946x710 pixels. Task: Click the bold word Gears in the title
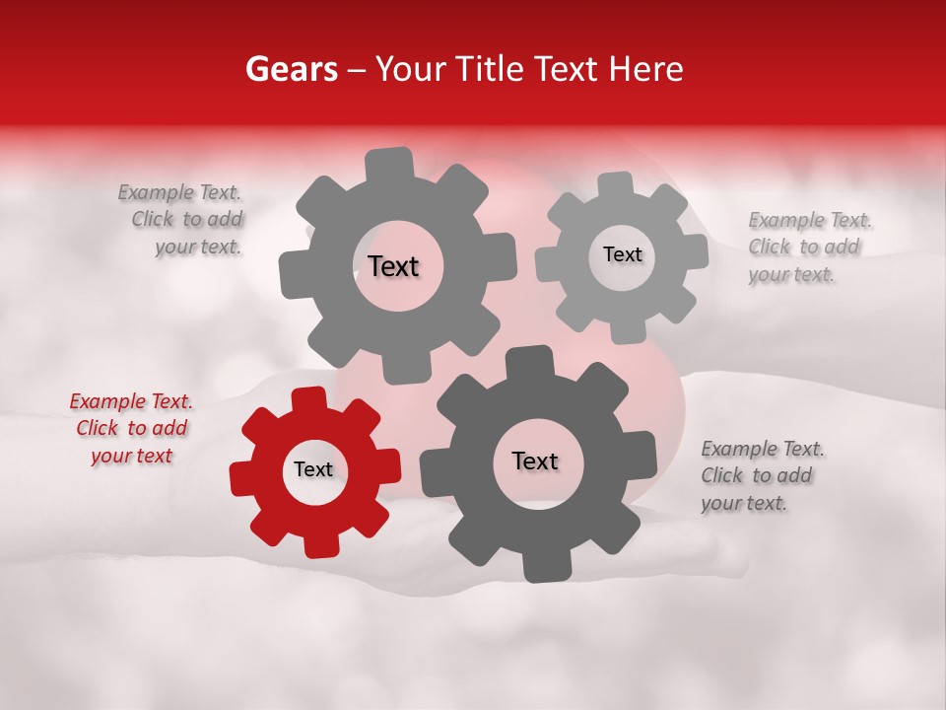pos(290,69)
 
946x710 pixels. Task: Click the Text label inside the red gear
pos(313,470)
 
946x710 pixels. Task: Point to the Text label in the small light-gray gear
pos(622,254)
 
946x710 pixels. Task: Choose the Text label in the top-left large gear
pos(393,266)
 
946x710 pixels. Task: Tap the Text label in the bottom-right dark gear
pos(534,461)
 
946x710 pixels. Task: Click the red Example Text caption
pos(131,429)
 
